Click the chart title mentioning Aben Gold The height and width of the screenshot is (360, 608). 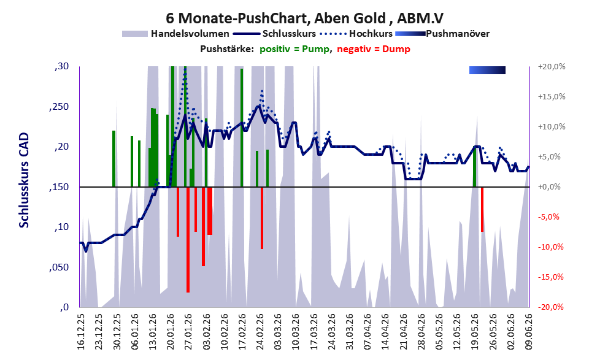pyautogui.click(x=304, y=18)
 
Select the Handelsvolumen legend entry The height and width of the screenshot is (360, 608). pyautogui.click(x=175, y=34)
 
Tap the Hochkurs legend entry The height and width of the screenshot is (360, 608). pyautogui.click(x=356, y=34)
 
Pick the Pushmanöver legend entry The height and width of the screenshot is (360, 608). pyautogui.click(x=442, y=34)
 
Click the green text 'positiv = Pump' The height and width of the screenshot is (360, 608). pyautogui.click(x=294, y=49)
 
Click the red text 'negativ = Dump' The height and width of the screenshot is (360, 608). pyautogui.click(x=374, y=49)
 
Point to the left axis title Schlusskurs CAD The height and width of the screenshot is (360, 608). pyautogui.click(x=24, y=180)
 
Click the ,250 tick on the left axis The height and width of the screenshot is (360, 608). pyautogui.click(x=59, y=107)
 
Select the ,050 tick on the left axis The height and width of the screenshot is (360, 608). pyautogui.click(x=59, y=267)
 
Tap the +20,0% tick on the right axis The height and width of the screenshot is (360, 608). pyautogui.click(x=552, y=67)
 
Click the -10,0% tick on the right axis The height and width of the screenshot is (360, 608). pyautogui.click(x=550, y=247)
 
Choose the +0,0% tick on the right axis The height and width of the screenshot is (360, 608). pyautogui.click(x=549, y=187)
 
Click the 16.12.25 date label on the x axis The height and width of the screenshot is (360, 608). pyautogui.click(x=81, y=331)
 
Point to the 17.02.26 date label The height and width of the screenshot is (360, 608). pyautogui.click(x=242, y=331)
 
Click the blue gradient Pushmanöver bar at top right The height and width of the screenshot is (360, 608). pyautogui.click(x=487, y=70)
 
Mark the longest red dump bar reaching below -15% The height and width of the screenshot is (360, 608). pyautogui.click(x=188, y=239)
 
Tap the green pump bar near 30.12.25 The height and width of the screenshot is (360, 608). pyautogui.click(x=114, y=159)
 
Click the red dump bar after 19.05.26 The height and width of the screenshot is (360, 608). pyautogui.click(x=482, y=209)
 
